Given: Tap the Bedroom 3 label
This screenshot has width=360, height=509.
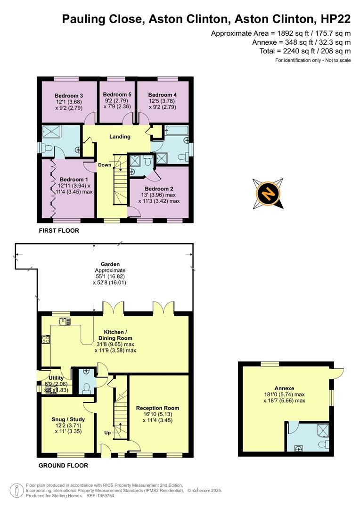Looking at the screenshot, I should point(65,94).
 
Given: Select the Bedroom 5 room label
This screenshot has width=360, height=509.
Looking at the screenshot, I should point(117,94).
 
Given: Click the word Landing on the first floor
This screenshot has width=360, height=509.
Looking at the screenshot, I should point(120,137).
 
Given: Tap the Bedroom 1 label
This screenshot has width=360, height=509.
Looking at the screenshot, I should point(74,179).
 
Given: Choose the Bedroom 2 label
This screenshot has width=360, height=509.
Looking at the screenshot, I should point(159,188).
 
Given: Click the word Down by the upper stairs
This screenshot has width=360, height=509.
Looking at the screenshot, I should point(105,165).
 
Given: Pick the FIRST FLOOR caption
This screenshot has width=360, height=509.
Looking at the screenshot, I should point(59,231).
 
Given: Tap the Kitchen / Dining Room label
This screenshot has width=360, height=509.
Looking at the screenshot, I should point(115,335).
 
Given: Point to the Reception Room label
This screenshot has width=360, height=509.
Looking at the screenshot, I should point(157,408).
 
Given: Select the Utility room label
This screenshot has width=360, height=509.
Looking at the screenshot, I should point(56,378).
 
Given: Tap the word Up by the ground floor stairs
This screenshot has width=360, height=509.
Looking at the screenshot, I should point(108,432).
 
